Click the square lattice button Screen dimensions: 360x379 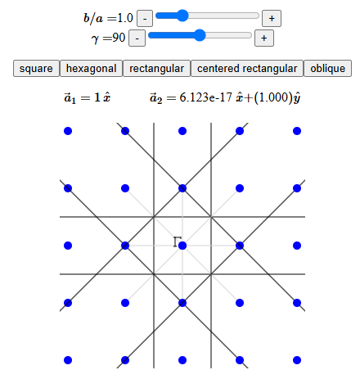(x=36, y=69)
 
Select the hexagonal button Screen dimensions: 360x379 (x=91, y=69)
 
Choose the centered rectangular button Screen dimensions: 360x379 (x=247, y=69)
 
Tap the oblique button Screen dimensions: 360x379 (x=327, y=69)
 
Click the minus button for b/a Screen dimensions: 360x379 (x=145, y=19)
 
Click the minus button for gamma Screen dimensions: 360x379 (x=137, y=38)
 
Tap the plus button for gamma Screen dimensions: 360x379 (x=264, y=38)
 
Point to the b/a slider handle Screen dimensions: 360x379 (x=182, y=16)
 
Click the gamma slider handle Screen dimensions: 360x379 (x=200, y=35)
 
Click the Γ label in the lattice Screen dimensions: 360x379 (x=177, y=241)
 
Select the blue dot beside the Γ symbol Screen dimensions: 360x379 (x=182, y=246)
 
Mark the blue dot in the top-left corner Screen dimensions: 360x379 (x=68, y=131)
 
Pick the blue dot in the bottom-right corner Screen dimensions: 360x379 (x=297, y=360)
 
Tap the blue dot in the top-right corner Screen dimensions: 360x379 (x=297, y=131)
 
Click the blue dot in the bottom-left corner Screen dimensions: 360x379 (x=68, y=360)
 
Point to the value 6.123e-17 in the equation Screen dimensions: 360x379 (x=206, y=97)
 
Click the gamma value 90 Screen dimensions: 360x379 (x=119, y=38)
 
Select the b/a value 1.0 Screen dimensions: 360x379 (x=125, y=18)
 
